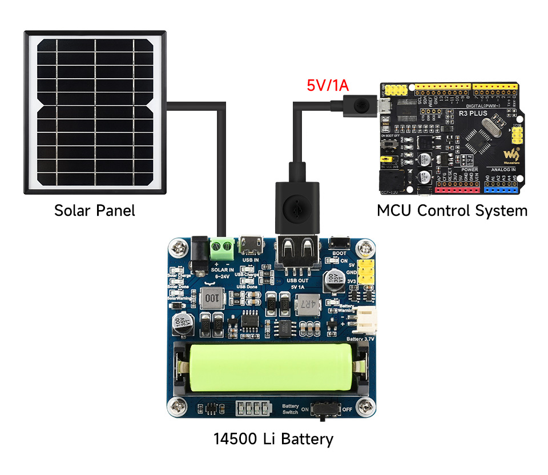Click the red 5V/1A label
[x=328, y=86]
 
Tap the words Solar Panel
[x=95, y=211]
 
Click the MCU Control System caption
[x=452, y=211]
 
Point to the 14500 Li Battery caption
[x=273, y=439]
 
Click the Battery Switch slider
[x=325, y=409]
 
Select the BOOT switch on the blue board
[x=339, y=243]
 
